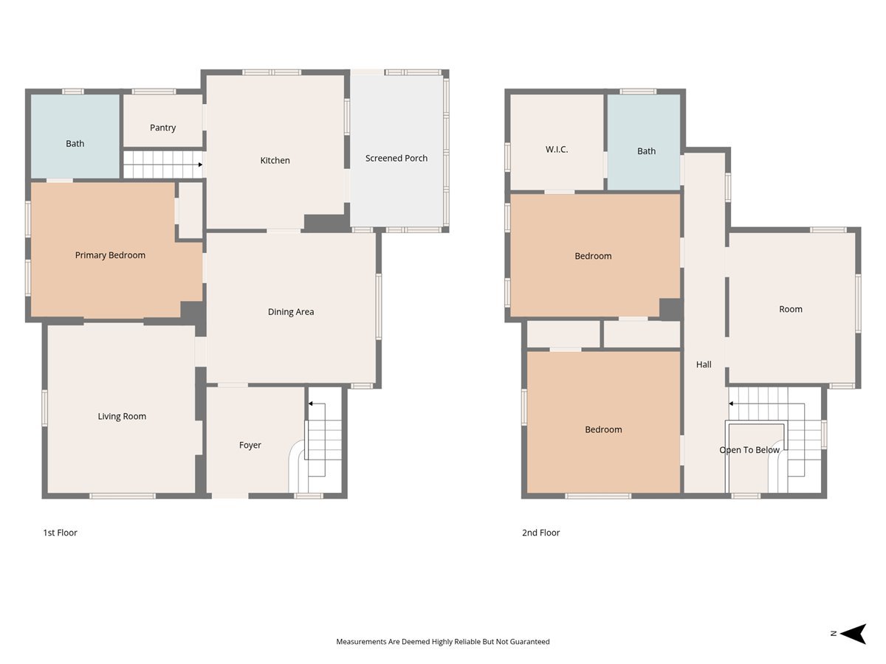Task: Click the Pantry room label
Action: click(162, 128)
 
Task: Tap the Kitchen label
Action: click(275, 160)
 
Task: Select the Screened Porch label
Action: click(396, 158)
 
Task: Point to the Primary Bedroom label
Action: click(110, 255)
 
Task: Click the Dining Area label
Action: click(291, 311)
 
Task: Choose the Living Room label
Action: click(122, 416)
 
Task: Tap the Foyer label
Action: click(250, 445)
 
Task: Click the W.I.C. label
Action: click(557, 150)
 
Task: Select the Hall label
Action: click(704, 364)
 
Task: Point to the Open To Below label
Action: click(749, 450)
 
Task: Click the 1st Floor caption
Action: click(60, 533)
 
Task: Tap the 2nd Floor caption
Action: click(541, 533)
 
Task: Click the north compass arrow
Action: click(854, 634)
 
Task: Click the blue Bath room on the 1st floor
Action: click(75, 136)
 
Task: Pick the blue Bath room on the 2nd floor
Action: click(644, 142)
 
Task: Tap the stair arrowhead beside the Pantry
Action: click(200, 165)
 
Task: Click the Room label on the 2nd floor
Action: click(790, 309)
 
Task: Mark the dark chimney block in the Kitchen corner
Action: click(326, 223)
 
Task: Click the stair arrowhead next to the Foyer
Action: click(310, 404)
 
